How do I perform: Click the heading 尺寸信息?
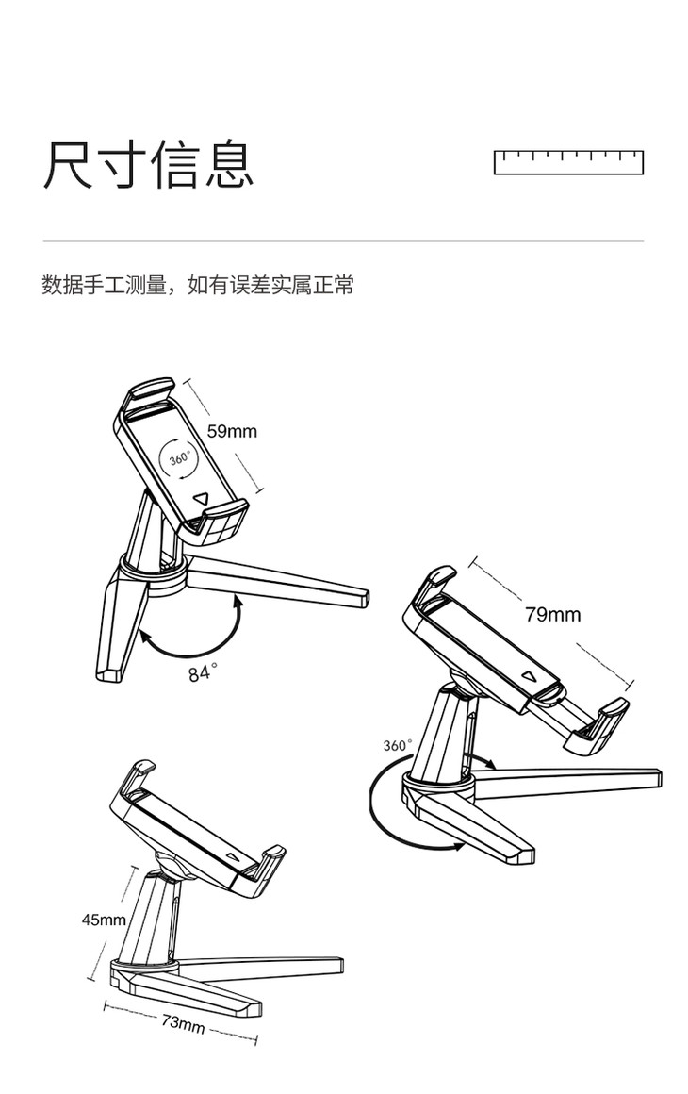coord(148,165)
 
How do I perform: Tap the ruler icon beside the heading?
coord(568,162)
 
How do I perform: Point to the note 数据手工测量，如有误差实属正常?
coord(198,285)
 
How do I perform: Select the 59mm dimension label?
coord(232,431)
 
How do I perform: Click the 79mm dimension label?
coord(552,615)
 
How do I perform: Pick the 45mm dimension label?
coord(103,919)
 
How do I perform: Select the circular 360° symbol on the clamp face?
coord(179,459)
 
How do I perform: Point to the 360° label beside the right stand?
coord(398,745)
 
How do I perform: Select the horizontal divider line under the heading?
coord(343,241)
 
